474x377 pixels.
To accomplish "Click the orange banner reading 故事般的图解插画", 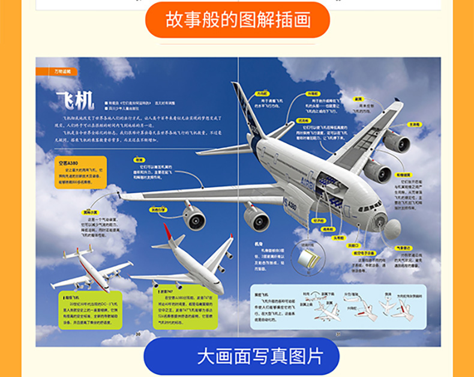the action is click(x=238, y=20).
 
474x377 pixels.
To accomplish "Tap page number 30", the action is click(x=137, y=334).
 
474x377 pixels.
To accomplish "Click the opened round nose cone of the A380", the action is click(x=392, y=228).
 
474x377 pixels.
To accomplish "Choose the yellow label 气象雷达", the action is click(x=403, y=247).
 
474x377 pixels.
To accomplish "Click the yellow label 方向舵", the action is click(x=262, y=93).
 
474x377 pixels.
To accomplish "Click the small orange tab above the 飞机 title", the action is click(x=57, y=71).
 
